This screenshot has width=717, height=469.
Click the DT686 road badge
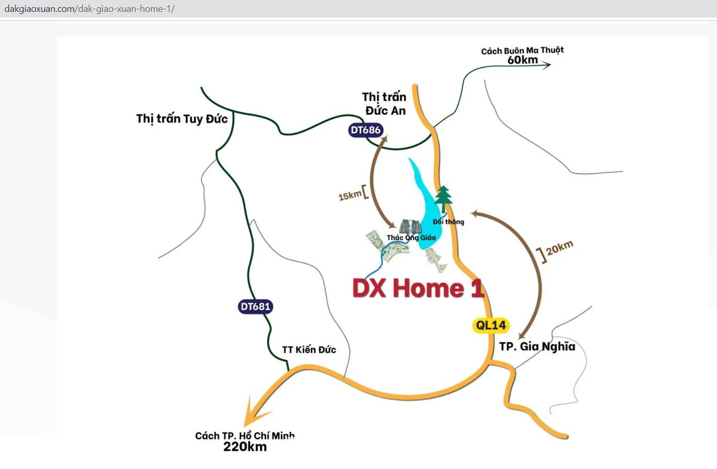[x=365, y=130]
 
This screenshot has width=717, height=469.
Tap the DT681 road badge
[x=255, y=307]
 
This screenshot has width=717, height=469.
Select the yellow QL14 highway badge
[x=491, y=325]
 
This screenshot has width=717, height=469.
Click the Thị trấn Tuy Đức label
[x=182, y=119]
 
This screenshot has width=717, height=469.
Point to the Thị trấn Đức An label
[x=385, y=103]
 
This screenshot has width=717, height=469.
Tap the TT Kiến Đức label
[x=309, y=350]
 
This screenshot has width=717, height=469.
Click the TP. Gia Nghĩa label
[x=537, y=346]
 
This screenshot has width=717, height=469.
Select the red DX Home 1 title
[x=418, y=288]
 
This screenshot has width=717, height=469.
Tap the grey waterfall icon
[x=410, y=226]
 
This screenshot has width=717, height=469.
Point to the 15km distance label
[x=350, y=195]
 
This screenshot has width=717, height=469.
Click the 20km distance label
[x=559, y=248]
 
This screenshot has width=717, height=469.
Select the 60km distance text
[x=523, y=60]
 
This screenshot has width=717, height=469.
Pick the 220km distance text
[x=245, y=447]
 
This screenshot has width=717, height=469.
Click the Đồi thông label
[x=449, y=222]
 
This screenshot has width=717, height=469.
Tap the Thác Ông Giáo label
[x=411, y=238]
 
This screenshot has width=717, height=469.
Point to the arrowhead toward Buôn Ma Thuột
[x=546, y=65]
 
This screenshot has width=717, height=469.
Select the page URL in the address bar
[x=89, y=9]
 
